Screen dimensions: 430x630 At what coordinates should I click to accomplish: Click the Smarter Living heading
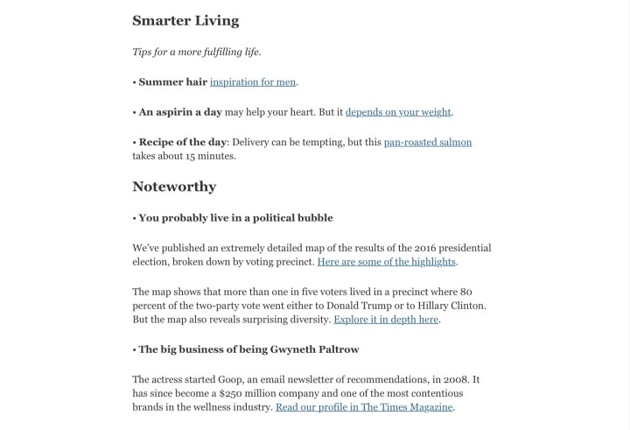coord(185,21)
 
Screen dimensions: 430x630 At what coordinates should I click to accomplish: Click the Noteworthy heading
coord(174,187)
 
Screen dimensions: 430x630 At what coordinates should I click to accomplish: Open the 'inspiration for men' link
coord(253,82)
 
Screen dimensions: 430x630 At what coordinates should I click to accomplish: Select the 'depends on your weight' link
coord(398,112)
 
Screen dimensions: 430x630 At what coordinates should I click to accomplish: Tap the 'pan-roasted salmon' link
coord(427,142)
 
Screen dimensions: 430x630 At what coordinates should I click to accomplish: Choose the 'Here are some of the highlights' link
coord(386,262)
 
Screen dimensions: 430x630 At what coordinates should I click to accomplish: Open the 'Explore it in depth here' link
coord(386,320)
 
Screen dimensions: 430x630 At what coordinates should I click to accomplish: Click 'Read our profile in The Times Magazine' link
coord(364,407)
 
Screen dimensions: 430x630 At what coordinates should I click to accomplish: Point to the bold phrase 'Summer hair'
coord(172,82)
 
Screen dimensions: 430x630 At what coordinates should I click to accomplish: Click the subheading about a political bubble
coord(235,217)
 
